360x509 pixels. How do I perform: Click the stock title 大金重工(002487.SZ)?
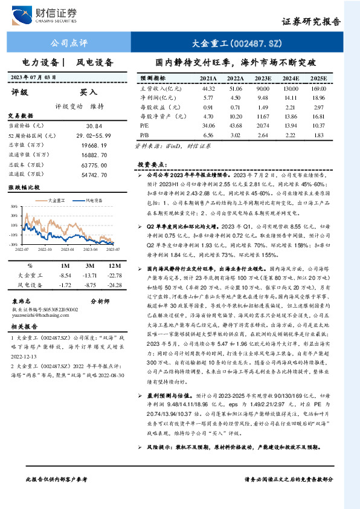tap(237, 43)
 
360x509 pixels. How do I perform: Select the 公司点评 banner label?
tap(68, 43)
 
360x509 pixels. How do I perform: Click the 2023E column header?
tap(263, 79)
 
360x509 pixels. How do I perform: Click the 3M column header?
tap(89, 265)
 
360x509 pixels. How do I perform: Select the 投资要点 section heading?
tap(151, 164)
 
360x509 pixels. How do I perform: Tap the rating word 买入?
tap(89, 92)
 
